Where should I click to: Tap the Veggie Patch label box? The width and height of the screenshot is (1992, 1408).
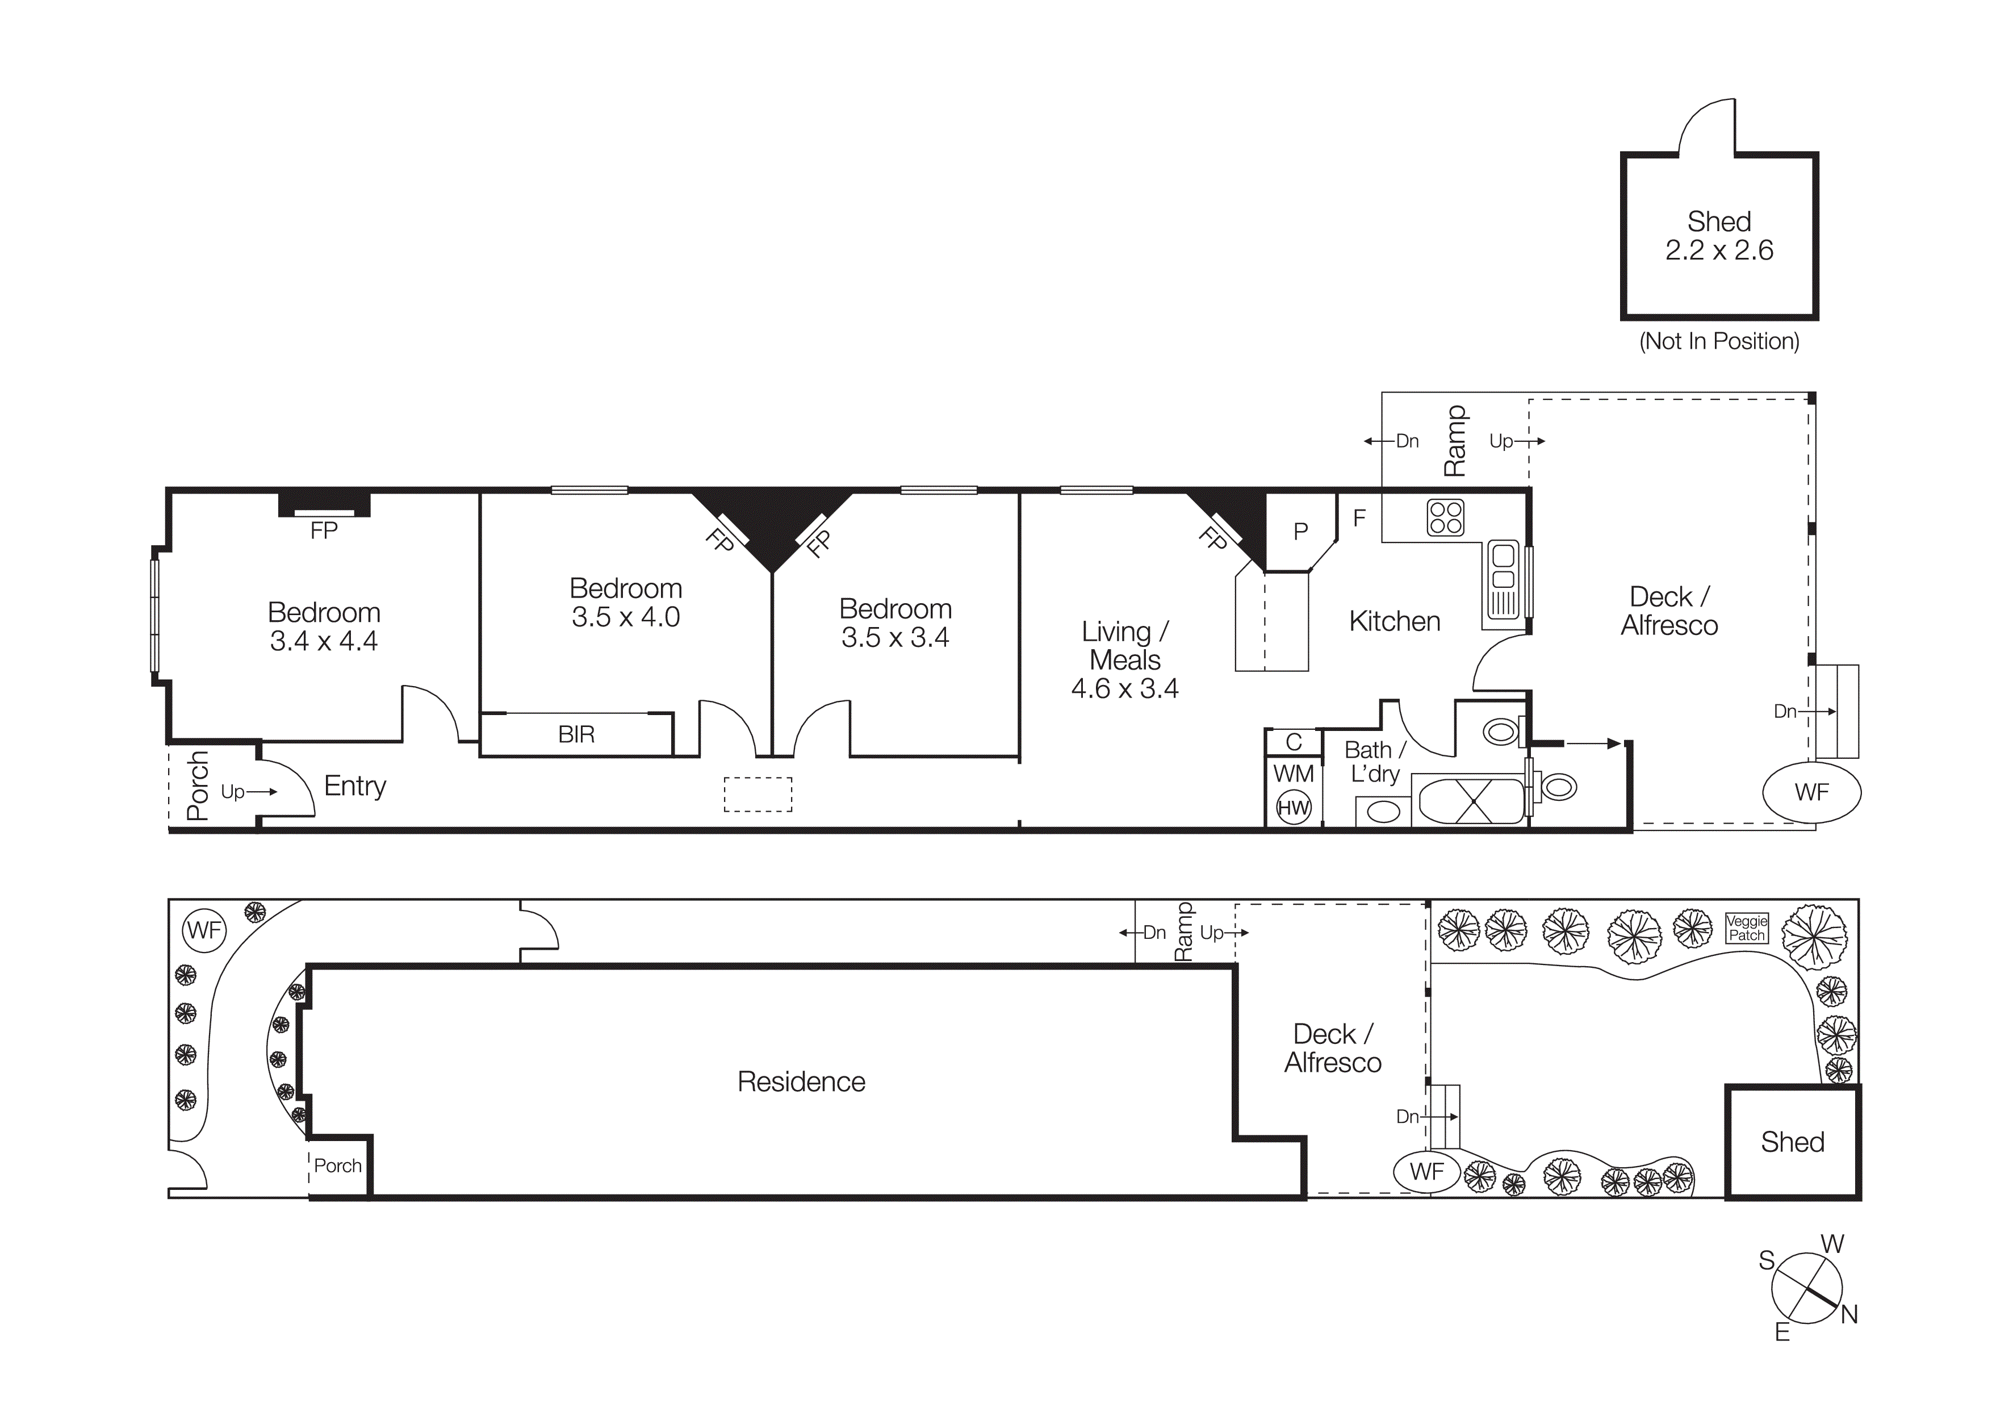1747,927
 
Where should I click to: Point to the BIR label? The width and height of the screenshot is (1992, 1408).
576,735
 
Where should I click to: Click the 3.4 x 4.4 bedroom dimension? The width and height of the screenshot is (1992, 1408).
324,641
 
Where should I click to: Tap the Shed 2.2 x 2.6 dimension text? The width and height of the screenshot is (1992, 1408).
1719,250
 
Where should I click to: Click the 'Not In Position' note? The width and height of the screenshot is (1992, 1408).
1719,341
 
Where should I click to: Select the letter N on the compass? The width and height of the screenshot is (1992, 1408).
1849,1314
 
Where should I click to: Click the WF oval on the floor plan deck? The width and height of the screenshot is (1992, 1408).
1811,792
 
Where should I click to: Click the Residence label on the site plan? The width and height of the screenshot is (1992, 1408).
801,1082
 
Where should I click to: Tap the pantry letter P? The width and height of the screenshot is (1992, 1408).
1300,532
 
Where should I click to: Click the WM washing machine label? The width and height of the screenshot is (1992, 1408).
1293,773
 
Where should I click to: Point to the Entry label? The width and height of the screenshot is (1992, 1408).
355,786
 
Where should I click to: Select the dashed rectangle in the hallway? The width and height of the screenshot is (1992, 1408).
758,795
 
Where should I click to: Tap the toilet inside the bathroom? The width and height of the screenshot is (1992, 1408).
1501,732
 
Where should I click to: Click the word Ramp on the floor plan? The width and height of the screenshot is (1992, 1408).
1455,441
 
